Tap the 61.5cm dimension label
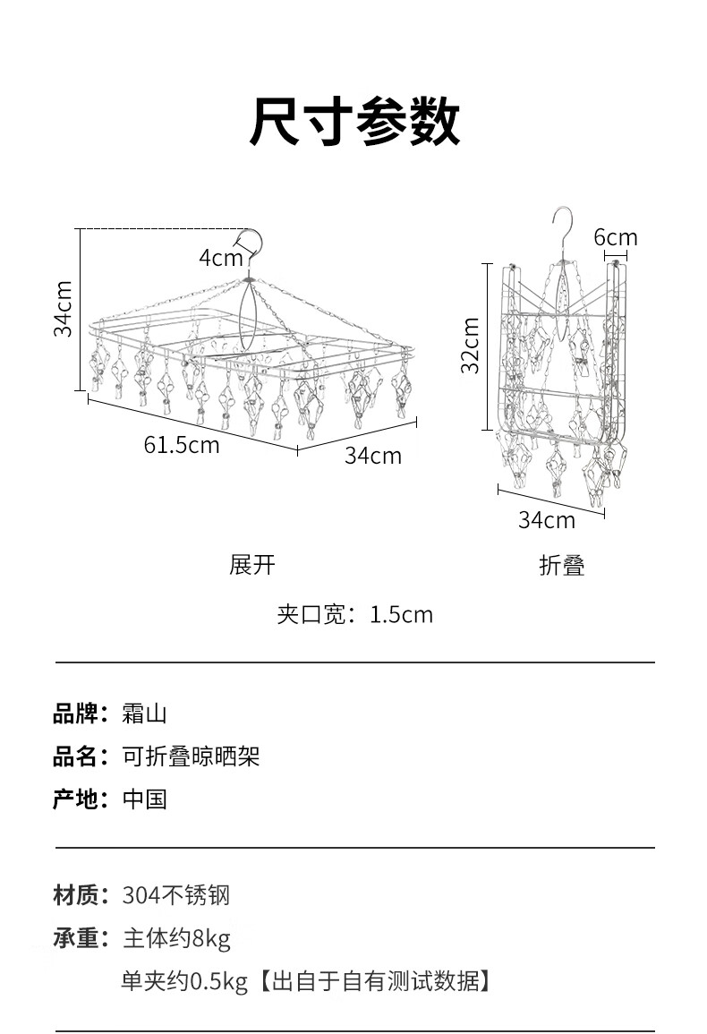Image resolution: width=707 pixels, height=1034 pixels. coord(181,445)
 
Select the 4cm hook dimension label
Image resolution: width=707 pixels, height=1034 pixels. coord(220,258)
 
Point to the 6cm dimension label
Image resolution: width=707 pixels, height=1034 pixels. coord(616,237)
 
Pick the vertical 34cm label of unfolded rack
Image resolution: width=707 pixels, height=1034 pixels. coord(63,309)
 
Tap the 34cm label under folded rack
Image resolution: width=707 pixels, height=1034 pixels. coord(546,519)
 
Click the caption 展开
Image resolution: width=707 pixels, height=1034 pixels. coord(252,565)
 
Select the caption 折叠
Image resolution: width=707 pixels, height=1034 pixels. coord(561,565)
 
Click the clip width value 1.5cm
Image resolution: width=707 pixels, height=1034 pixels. coord(401,615)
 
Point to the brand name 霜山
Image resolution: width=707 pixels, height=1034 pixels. coord(144,714)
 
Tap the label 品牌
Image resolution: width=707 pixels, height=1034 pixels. coord(75,714)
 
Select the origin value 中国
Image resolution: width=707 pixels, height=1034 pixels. coord(144,799)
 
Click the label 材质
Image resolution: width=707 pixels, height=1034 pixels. coord(75,894)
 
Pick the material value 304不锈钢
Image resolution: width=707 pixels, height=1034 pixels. coord(176,894)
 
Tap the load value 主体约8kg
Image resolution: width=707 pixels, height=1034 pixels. coord(176,938)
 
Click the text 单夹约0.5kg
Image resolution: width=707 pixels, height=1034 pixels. coord(184,982)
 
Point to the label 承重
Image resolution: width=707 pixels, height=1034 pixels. coord(75,938)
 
